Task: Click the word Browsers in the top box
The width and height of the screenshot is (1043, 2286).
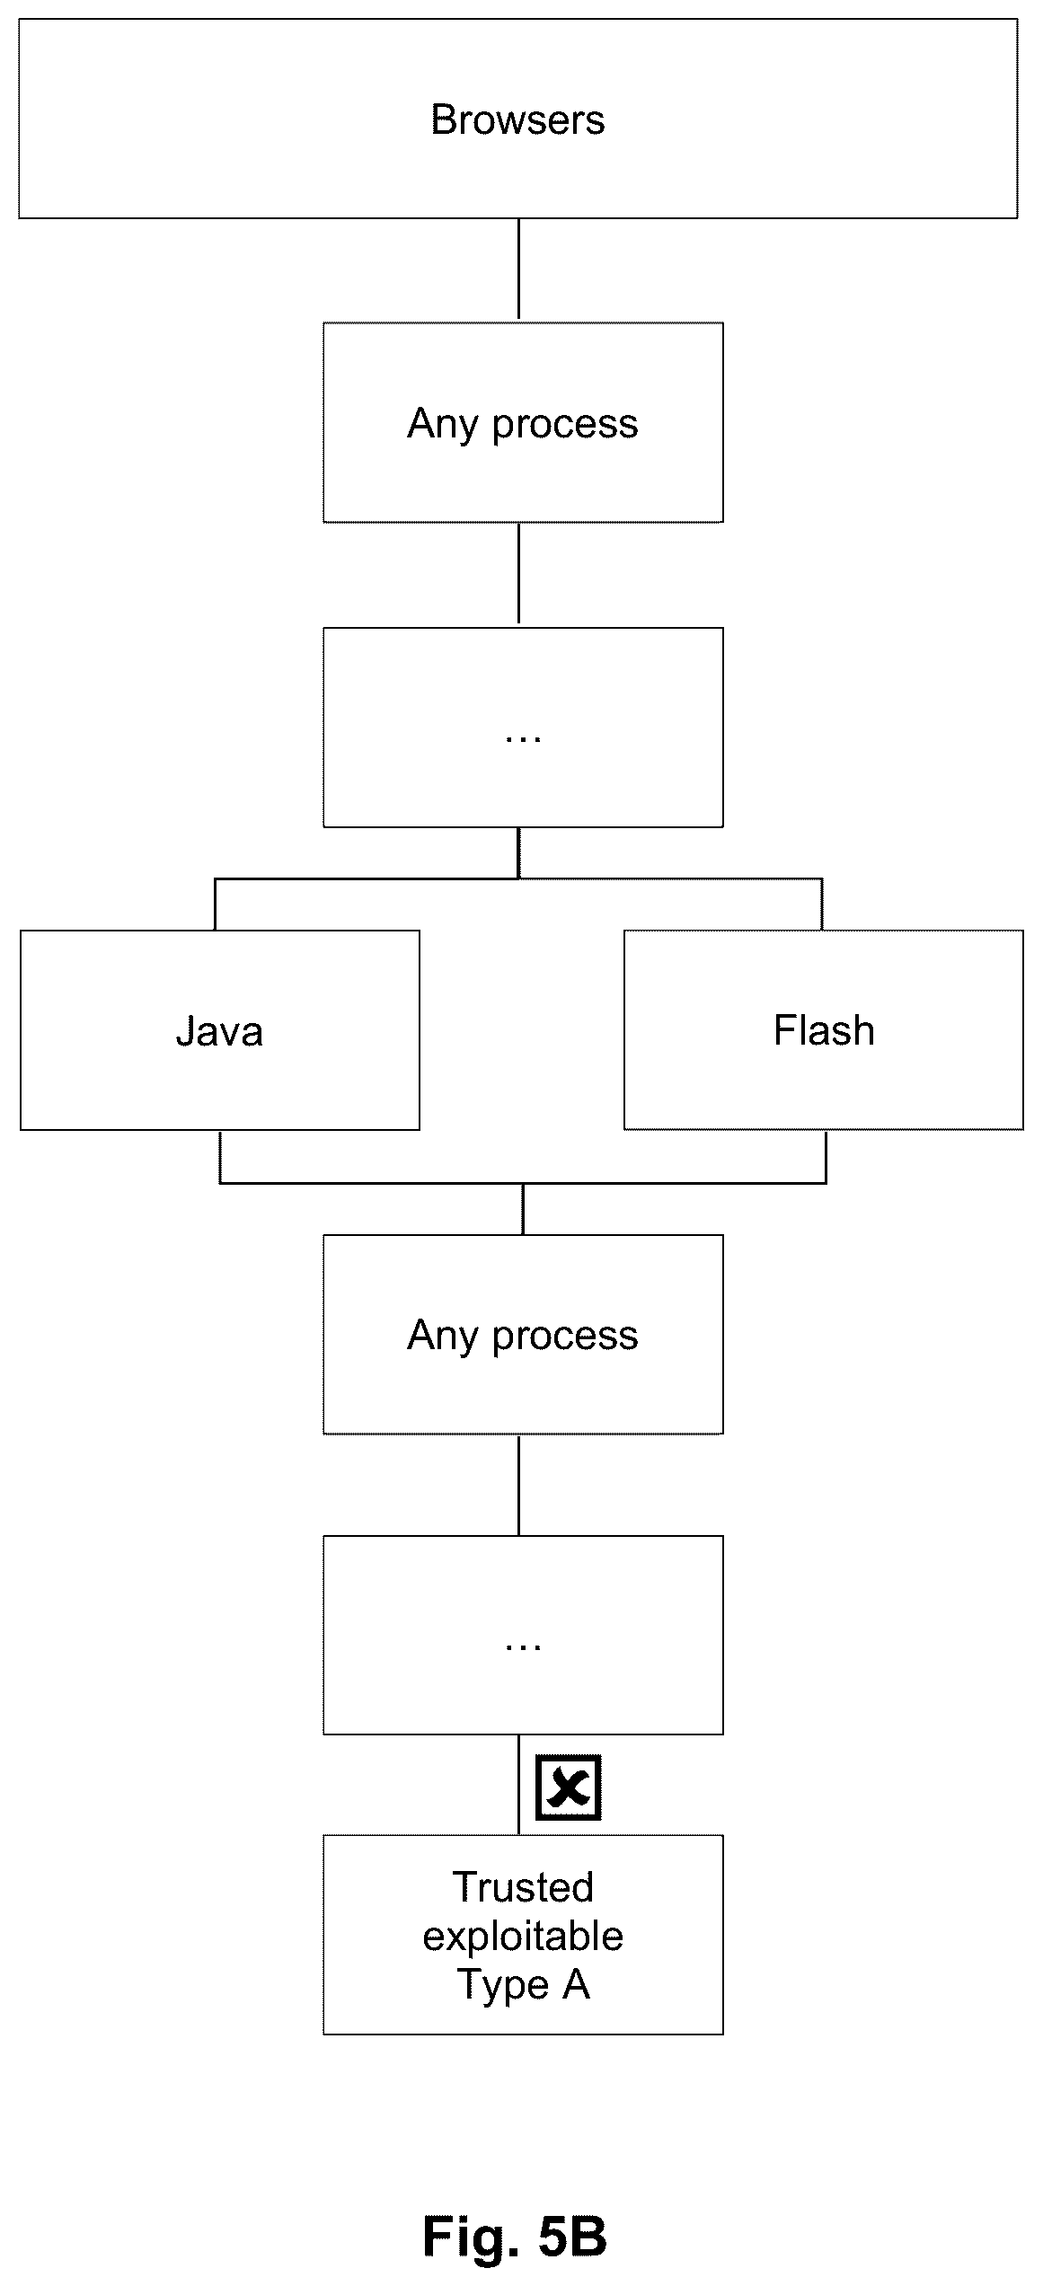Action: coord(517,119)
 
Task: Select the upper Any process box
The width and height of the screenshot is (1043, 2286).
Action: coord(523,422)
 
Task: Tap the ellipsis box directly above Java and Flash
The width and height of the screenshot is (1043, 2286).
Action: coord(523,727)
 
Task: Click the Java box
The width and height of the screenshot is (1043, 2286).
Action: coord(220,1029)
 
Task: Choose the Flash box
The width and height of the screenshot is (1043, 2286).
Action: coord(824,1029)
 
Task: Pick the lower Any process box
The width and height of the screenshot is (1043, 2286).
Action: coord(523,1334)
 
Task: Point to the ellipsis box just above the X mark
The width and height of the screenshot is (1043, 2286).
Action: coord(523,1635)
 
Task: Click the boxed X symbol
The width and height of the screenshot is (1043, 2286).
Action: coord(568,1787)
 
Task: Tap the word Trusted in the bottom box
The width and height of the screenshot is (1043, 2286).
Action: coord(523,1886)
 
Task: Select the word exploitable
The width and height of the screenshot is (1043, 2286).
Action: coord(523,1935)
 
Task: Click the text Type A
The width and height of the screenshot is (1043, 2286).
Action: coord(523,1983)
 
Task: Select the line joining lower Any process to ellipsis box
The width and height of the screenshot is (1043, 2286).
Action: coord(518,1485)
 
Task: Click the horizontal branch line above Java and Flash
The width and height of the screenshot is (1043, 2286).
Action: coord(518,878)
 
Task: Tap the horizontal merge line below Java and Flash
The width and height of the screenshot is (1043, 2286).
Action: coord(523,1183)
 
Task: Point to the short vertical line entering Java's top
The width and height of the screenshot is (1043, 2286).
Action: coord(216,905)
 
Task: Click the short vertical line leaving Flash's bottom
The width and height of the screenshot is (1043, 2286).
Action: coord(826,1157)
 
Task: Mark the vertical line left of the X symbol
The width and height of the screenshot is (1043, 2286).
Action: coord(518,1785)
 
